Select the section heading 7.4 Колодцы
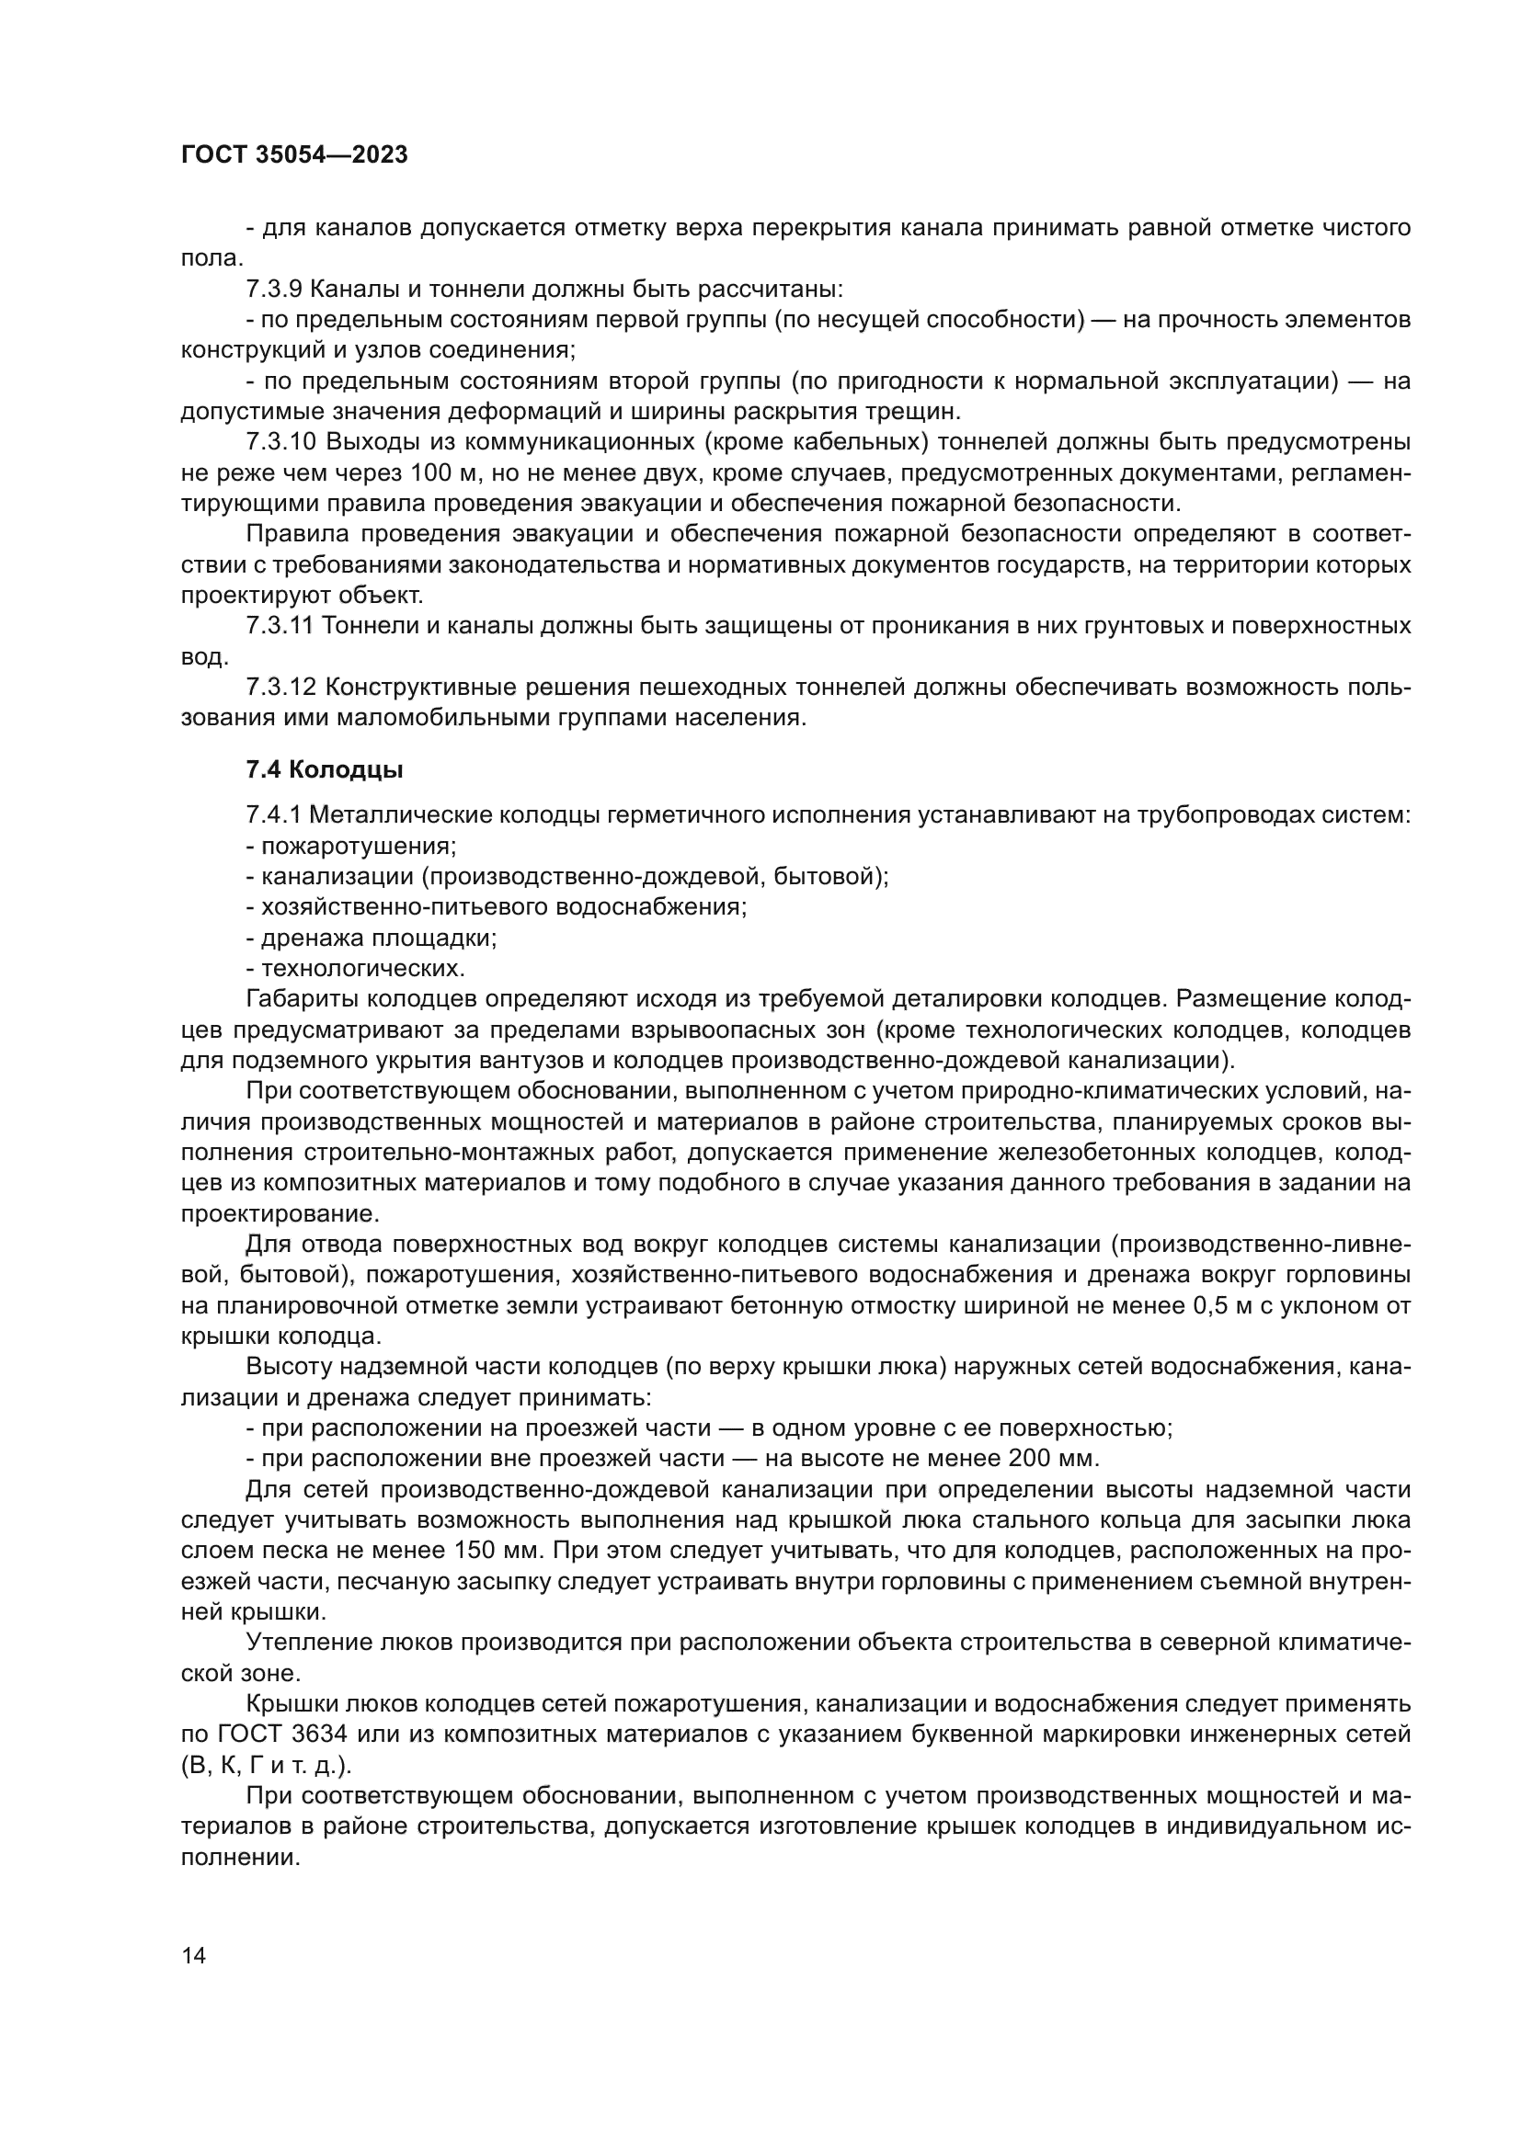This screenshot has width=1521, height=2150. click(x=324, y=769)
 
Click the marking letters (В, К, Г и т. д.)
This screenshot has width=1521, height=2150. click(x=266, y=1765)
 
